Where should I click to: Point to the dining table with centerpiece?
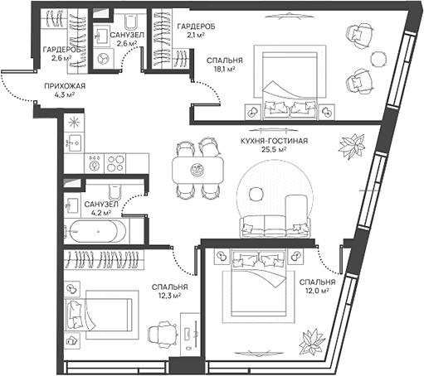pos(197,170)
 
